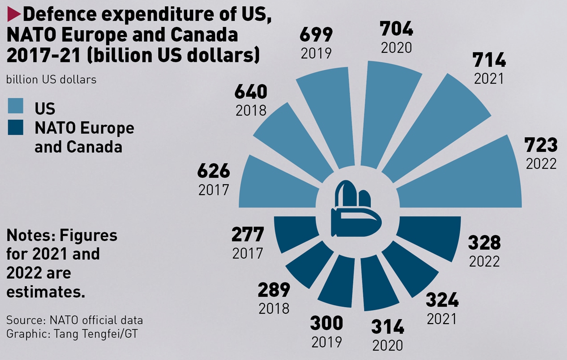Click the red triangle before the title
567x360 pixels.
coord(14,15)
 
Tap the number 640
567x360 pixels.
coord(250,92)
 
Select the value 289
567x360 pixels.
coord(274,290)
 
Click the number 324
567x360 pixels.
coord(442,300)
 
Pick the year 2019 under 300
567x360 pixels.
coord(326,341)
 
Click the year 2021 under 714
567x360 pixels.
coord(489,78)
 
